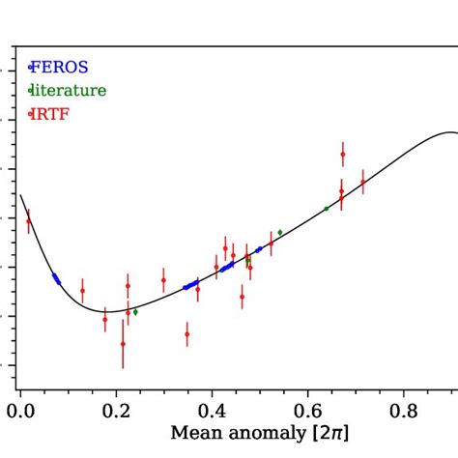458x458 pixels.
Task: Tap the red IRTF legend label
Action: point(53,115)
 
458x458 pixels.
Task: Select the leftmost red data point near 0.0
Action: point(29,221)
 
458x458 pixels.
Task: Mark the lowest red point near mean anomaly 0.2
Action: point(123,343)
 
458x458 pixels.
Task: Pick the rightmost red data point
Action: point(363,182)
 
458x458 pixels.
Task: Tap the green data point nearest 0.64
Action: point(327,208)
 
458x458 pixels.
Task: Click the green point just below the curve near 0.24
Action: point(135,312)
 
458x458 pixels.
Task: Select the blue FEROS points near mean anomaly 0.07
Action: point(56,278)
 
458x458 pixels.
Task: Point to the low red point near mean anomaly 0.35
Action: point(187,334)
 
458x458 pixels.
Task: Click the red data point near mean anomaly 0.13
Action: point(82,290)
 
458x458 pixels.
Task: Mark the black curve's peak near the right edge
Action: point(447,132)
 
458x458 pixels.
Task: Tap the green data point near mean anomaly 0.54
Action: point(280,232)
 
